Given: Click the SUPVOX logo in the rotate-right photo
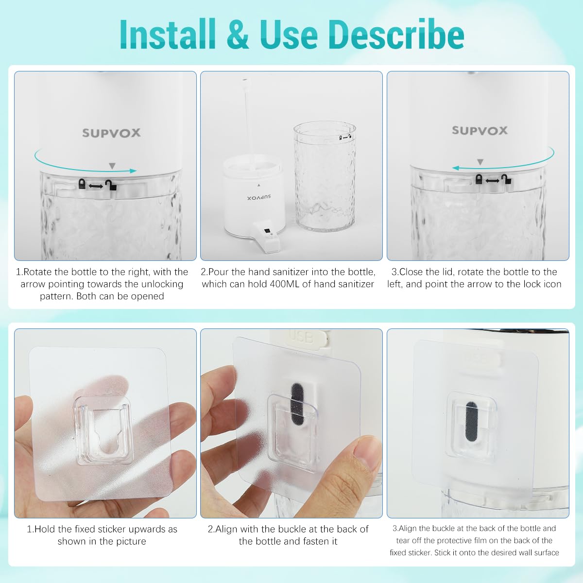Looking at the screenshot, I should (111, 133).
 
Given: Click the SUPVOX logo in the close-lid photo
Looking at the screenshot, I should (480, 131).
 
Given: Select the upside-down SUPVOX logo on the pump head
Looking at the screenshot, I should (259, 198).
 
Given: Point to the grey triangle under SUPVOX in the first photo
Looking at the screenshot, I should (112, 166).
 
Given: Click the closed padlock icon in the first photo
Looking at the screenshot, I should (82, 184).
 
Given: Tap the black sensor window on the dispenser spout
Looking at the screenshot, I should (266, 232).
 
